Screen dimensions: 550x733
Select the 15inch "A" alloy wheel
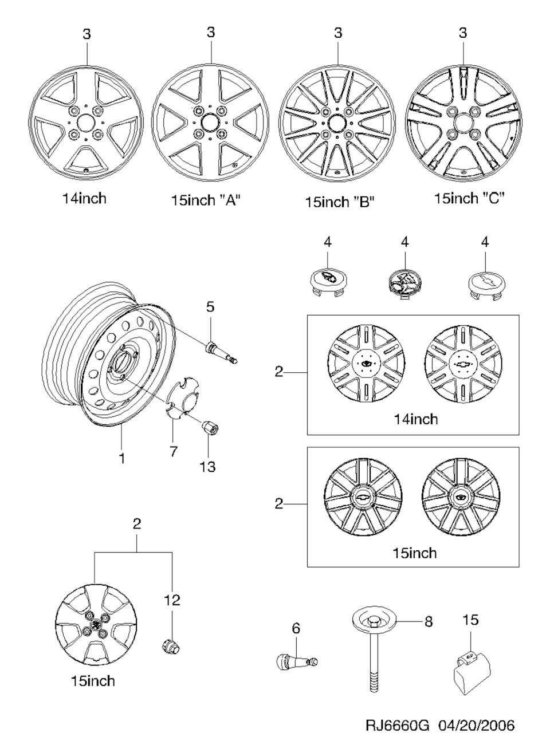coord(210,121)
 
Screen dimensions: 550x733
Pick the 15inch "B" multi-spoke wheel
coord(337,123)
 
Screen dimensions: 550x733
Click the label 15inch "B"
coord(340,202)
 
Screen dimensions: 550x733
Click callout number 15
coord(470,620)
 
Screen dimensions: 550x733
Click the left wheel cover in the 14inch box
coord(366,363)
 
